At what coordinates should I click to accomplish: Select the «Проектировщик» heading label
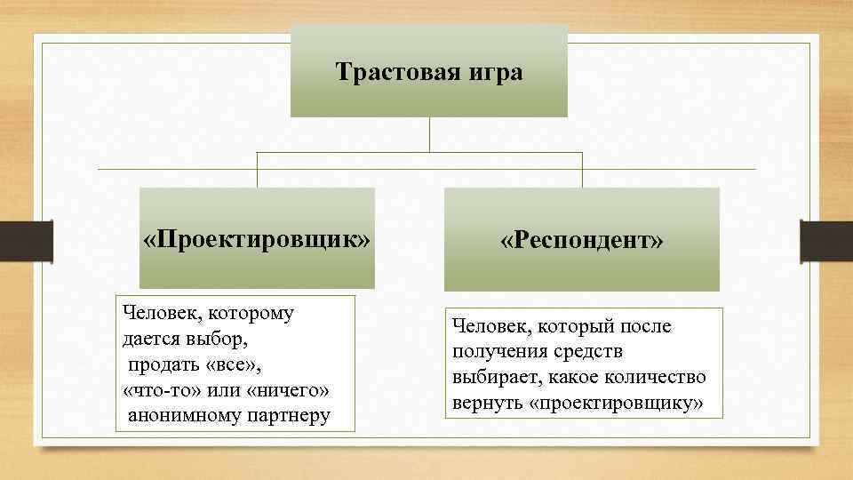[x=257, y=240]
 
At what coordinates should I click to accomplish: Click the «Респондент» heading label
[x=581, y=241]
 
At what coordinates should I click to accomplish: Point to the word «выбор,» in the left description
[x=217, y=339]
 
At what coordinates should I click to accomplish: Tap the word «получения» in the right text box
[x=497, y=352]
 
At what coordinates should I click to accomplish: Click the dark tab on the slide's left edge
[x=42, y=241]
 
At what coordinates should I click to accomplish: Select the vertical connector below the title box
[x=430, y=135]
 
